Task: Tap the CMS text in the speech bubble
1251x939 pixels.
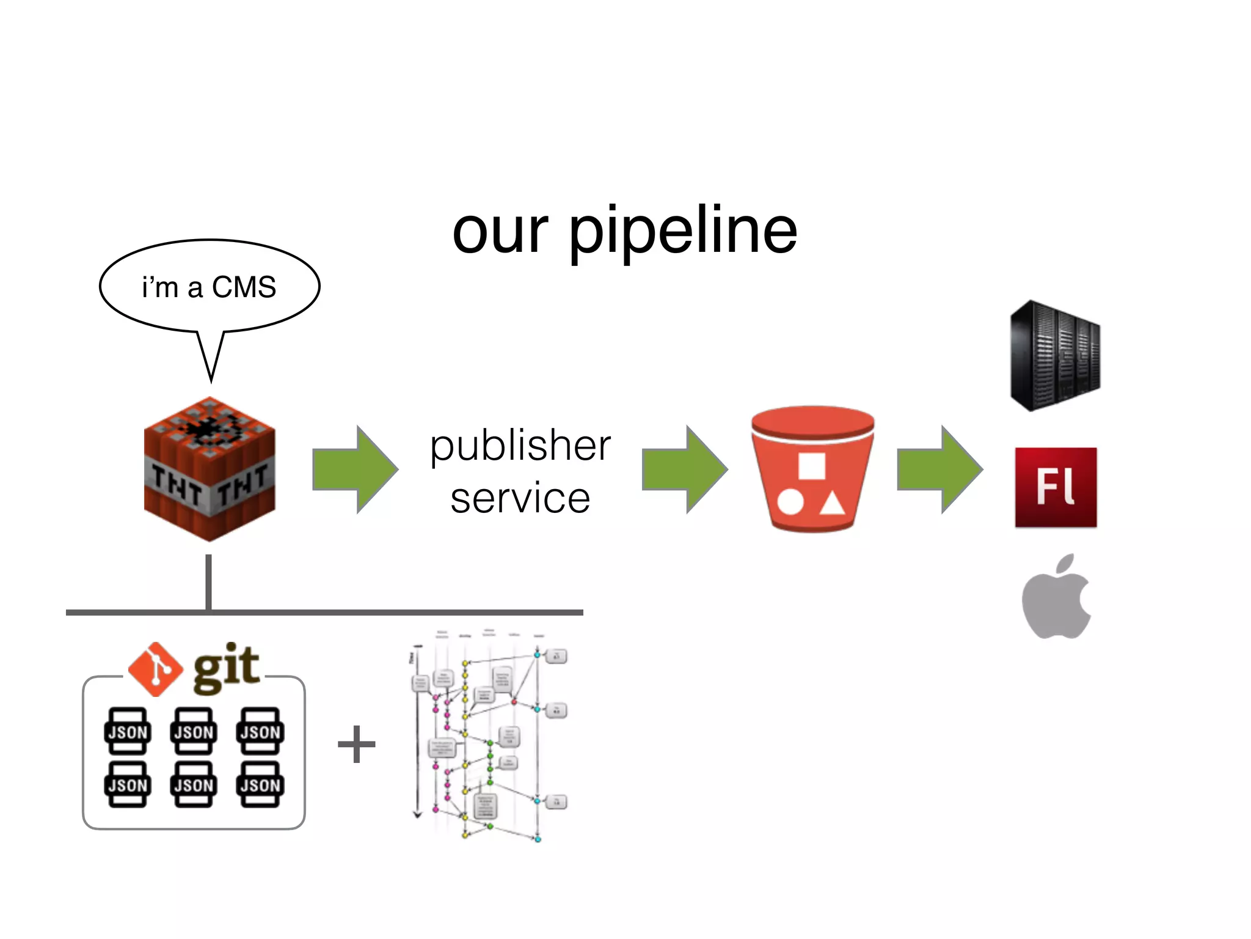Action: (244, 287)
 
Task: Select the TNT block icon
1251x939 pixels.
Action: (210, 469)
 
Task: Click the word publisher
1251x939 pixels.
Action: (520, 445)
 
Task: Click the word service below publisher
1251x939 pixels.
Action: (520, 498)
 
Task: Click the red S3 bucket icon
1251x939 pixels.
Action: (812, 469)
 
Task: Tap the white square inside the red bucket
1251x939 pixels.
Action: (812, 466)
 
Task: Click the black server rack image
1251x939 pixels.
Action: (1055, 356)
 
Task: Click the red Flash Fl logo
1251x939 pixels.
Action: (1056, 487)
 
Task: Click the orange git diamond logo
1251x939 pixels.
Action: (156, 669)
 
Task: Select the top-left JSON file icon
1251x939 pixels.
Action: (127, 731)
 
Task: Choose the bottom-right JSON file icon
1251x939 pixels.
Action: (260, 784)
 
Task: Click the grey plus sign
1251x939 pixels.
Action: (357, 744)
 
